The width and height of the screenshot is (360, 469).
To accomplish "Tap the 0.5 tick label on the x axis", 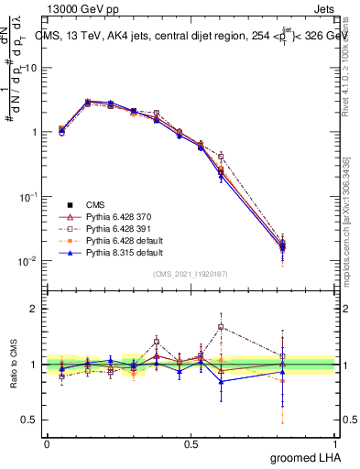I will [191, 443].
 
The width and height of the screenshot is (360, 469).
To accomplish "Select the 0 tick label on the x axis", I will [47, 443].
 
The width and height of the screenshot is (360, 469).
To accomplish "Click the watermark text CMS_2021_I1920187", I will [191, 274].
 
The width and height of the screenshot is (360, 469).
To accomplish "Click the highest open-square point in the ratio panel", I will [221, 327].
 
